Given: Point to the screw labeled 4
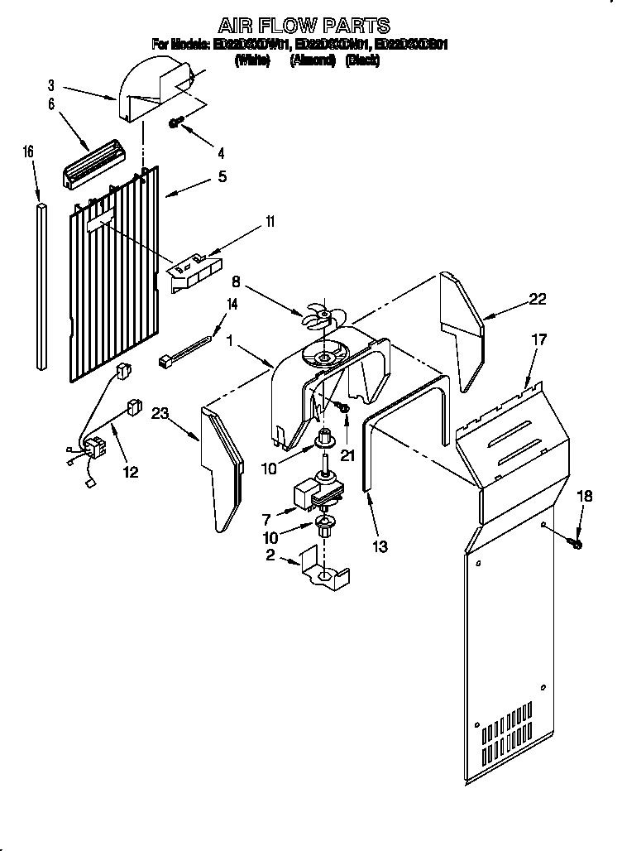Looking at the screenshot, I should click(175, 123).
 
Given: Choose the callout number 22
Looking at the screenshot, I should click(538, 300).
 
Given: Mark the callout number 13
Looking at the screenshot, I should click(380, 546).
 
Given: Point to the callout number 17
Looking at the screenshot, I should click(539, 339).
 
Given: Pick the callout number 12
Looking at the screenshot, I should click(130, 472).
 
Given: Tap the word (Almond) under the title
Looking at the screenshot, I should click(312, 60).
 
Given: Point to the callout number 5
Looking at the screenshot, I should click(222, 176).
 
